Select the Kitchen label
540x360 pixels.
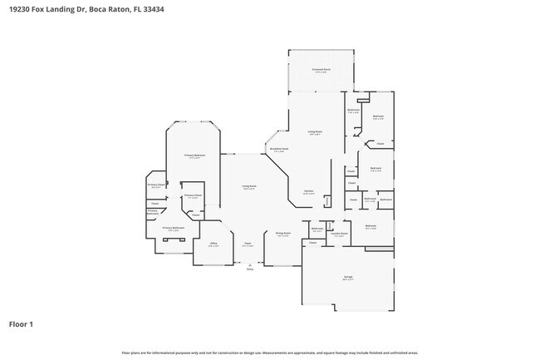point(307,191)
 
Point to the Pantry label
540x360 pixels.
point(327,200)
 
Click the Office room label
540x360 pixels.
point(213,244)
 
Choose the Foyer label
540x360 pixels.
point(247,244)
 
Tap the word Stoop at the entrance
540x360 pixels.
point(249,269)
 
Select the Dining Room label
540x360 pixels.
point(282,234)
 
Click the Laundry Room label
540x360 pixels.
point(339,234)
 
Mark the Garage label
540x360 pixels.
point(348,277)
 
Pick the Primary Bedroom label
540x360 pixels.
point(194,155)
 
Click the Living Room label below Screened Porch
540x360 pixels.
point(316,131)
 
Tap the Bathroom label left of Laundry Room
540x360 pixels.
point(317,229)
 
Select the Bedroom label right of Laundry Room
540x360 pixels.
point(371,226)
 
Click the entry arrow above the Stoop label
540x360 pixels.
point(249,263)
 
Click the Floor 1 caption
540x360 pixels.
point(22,323)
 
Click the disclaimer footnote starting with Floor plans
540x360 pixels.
point(270,353)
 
